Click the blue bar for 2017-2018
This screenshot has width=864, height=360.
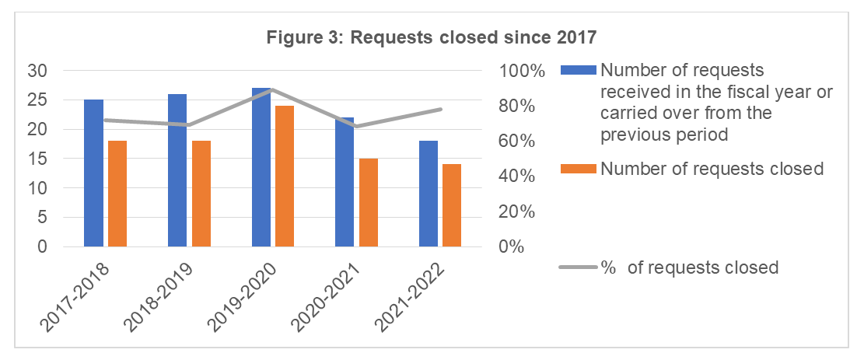point(93,173)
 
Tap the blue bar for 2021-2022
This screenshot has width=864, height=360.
point(429,194)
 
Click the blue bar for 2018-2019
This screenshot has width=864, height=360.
point(177,170)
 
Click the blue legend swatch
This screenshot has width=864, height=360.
point(579,70)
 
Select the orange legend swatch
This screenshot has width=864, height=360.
point(579,169)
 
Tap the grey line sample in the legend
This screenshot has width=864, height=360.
point(579,267)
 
